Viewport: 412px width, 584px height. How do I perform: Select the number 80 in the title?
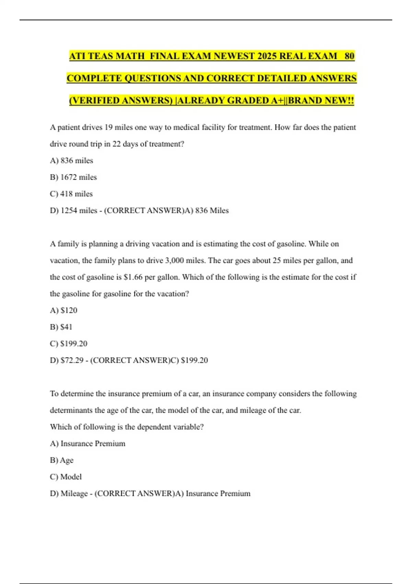point(349,56)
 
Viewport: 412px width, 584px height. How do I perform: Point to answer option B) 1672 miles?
point(73,177)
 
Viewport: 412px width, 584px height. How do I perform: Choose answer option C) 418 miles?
point(71,194)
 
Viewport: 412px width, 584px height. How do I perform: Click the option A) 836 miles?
point(71,160)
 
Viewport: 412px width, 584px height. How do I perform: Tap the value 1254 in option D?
point(69,211)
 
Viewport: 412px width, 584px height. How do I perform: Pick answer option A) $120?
point(64,310)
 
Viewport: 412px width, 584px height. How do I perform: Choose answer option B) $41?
point(61,327)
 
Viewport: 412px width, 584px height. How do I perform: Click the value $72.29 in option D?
point(72,360)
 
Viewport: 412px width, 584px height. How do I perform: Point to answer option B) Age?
point(62,460)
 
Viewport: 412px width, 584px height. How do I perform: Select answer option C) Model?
point(66,477)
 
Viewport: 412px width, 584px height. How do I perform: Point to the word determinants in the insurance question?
point(71,410)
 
